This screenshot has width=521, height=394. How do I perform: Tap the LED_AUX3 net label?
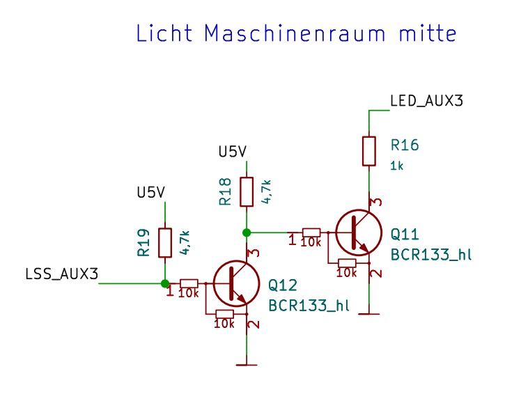(x=426, y=101)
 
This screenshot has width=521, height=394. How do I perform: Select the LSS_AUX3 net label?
(x=61, y=274)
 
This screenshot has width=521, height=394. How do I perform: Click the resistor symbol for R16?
(x=369, y=150)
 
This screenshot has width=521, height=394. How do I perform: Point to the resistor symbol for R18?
(x=247, y=191)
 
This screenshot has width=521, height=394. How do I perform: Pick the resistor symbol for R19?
(x=165, y=242)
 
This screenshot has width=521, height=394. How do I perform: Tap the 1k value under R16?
(x=397, y=166)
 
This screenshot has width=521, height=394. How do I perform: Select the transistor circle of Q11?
(x=359, y=233)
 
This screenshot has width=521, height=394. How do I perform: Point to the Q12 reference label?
(x=282, y=284)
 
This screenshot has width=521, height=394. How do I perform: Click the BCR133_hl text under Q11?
(x=431, y=254)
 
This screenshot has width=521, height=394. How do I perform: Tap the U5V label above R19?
(x=150, y=192)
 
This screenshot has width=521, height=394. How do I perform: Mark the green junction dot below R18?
(x=247, y=232)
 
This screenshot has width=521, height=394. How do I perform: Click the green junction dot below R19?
(x=165, y=283)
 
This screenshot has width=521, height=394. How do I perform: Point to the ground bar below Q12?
(x=247, y=364)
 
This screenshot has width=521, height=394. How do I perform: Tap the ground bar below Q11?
(x=369, y=314)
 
